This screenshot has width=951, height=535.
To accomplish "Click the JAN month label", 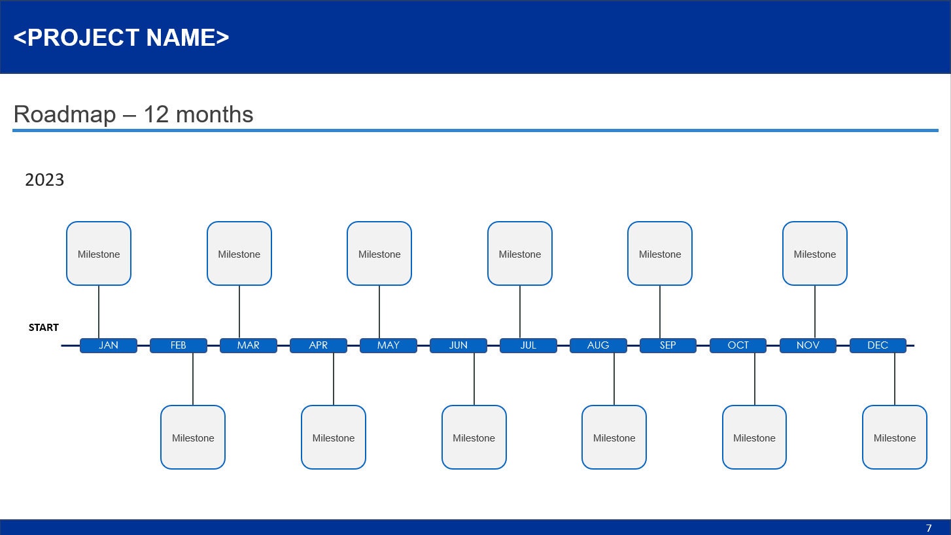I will click(x=109, y=345).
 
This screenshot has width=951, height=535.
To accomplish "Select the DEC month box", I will click(x=878, y=345).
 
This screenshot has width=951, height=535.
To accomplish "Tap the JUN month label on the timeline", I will click(x=458, y=345).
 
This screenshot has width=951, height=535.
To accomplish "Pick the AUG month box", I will click(x=598, y=345).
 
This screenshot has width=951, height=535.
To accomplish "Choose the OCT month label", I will click(x=738, y=345).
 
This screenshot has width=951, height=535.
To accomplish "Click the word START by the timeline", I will click(x=44, y=328).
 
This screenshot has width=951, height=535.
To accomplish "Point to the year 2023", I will click(x=44, y=180).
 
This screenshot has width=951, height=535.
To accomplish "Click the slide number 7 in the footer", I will click(x=929, y=528).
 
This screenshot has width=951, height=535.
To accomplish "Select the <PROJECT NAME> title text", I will click(x=122, y=37).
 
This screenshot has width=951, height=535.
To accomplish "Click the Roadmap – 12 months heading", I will click(x=133, y=114).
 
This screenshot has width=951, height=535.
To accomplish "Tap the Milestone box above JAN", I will click(x=99, y=254).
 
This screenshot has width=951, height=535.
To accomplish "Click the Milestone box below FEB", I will click(x=193, y=438).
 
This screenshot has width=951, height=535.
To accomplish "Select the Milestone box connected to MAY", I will click(x=379, y=254).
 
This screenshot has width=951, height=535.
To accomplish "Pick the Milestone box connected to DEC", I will click(x=894, y=438).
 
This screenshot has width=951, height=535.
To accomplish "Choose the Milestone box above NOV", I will click(x=814, y=254).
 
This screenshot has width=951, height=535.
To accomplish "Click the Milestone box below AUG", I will click(x=614, y=438).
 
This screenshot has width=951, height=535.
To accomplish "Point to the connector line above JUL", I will click(x=520, y=312).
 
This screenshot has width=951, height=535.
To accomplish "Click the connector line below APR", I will click(x=334, y=379).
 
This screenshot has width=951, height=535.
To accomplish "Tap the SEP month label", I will click(x=668, y=345).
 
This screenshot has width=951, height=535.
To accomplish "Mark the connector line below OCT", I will click(x=754, y=379).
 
